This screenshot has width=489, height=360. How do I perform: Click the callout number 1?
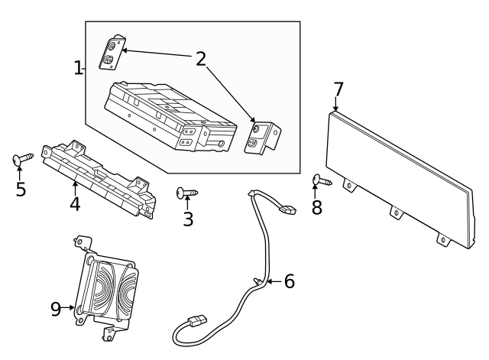[78, 68]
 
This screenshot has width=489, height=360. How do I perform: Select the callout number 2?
[201, 59]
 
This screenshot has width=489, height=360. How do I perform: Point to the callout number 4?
[75, 204]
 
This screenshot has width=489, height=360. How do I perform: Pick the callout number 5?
[21, 189]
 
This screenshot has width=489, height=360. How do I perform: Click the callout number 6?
[289, 281]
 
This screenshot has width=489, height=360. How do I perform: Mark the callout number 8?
[317, 207]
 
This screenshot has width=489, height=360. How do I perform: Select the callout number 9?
[56, 309]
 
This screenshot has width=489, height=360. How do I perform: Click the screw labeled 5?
[22, 158]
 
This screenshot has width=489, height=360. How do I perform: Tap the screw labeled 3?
[186, 193]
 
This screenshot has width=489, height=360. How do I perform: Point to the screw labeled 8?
[322, 180]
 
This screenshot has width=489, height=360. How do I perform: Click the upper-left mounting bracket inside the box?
[112, 52]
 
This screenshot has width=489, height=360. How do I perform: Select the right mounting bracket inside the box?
[262, 138]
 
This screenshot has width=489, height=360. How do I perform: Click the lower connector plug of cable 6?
[197, 321]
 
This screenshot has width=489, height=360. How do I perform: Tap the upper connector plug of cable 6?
[287, 209]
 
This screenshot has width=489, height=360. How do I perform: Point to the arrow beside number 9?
[68, 308]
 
